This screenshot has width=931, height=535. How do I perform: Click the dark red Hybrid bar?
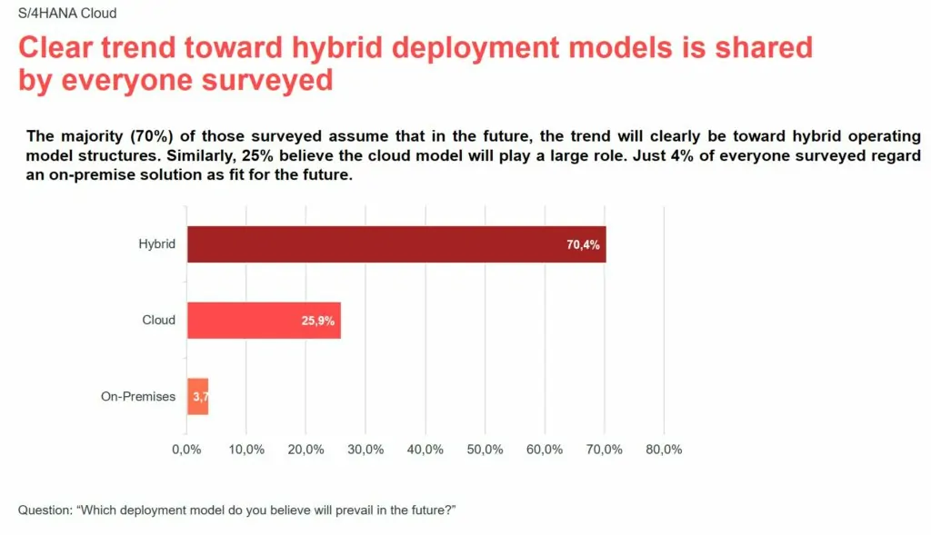[395, 244]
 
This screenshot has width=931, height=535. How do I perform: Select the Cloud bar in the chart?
[264, 321]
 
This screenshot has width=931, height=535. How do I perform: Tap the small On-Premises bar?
[198, 397]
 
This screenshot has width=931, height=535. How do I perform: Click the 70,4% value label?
[584, 245]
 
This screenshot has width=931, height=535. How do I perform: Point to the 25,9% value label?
[319, 322]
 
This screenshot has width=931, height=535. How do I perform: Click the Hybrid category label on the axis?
[157, 244]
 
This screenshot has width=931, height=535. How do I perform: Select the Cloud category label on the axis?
[159, 320]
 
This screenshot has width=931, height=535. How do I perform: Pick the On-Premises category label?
[138, 396]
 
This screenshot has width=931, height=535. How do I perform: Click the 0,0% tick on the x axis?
[186, 450]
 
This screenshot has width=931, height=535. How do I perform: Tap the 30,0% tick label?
[365, 450]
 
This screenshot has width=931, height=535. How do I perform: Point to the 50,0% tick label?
[485, 450]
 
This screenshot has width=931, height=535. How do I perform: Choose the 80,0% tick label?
[664, 450]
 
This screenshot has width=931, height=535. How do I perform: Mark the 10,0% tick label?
[246, 450]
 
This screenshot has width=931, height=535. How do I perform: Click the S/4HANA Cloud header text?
[67, 14]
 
